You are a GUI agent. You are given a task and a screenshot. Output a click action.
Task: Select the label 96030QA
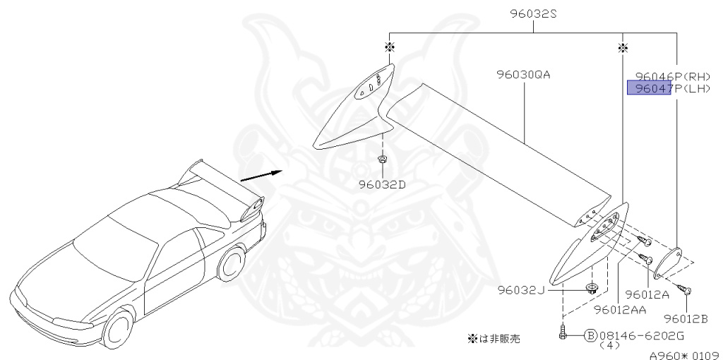click(522, 74)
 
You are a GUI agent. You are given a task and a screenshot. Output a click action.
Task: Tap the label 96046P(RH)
click(671, 76)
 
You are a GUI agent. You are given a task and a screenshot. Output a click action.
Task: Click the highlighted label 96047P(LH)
click(671, 88)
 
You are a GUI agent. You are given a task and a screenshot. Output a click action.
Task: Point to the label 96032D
click(383, 186)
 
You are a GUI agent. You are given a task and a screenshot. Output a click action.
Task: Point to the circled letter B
click(590, 336)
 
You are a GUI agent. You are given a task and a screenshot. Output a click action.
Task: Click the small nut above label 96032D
click(382, 160)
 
